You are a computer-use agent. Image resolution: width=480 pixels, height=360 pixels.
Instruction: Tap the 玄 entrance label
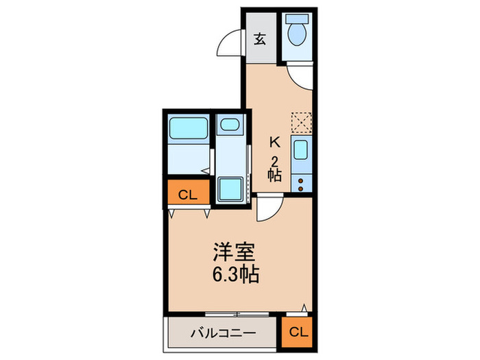pos(261,38)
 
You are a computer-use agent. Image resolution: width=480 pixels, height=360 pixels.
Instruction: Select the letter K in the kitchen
pos(274,143)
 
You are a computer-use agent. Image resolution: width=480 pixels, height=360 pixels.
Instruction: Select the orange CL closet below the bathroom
pos(187,195)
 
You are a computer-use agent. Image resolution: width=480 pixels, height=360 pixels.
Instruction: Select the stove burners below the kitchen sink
pos(301,182)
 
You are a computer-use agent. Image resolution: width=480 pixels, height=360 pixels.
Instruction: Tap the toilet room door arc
pos(300,75)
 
